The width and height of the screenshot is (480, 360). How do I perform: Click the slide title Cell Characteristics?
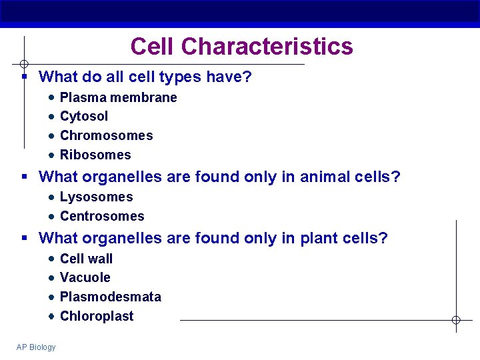[241, 47]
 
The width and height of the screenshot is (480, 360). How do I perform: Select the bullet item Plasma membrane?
[118, 97]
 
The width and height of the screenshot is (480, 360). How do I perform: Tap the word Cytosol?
[84, 116]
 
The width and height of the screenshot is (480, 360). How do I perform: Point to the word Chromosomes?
[106, 135]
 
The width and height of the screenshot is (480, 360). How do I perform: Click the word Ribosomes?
[95, 155]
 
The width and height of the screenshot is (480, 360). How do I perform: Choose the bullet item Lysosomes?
[96, 197]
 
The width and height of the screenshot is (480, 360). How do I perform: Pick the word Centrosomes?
[102, 216]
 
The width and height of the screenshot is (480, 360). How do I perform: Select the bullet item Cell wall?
[86, 259]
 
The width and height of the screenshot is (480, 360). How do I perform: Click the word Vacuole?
[85, 277]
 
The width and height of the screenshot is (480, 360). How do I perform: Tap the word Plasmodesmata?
[110, 297]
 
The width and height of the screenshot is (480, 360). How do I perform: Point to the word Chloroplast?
[97, 316]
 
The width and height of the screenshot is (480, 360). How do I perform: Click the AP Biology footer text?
[36, 347]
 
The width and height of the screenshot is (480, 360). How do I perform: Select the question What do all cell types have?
[145, 77]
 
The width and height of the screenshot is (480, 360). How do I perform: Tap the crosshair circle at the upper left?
[23, 65]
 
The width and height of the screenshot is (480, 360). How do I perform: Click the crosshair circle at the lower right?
[456, 320]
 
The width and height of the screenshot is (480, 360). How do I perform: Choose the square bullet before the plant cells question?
[24, 238]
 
